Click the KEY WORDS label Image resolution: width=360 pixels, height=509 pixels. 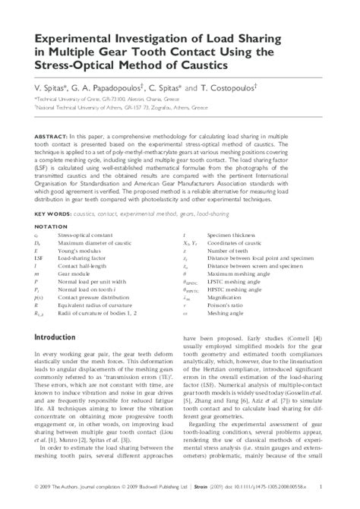[51, 214]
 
